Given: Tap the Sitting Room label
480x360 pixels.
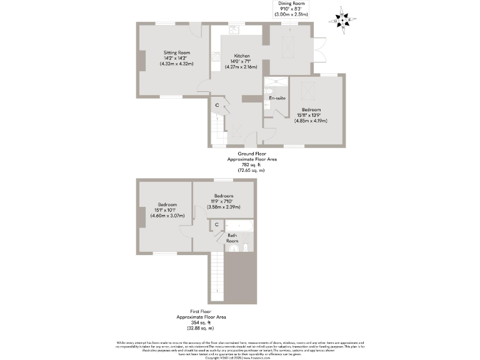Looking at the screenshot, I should [x=177, y=52].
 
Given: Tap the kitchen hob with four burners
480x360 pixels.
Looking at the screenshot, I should [x=216, y=58].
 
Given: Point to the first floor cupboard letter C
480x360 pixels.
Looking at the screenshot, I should [x=216, y=224].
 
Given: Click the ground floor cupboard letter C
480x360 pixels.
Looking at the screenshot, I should [x=217, y=105].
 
